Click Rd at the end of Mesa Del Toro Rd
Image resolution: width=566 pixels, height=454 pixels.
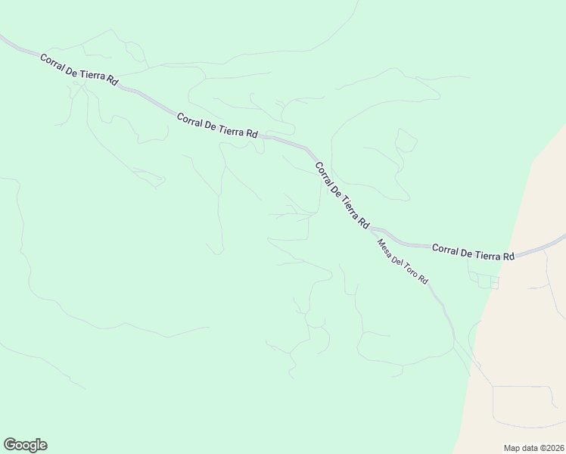coord(424,280)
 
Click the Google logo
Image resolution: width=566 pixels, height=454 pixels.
coord(25,445)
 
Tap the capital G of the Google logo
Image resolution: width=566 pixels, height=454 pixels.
coord(10,445)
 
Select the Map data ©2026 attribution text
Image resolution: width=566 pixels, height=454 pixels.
coord(534,448)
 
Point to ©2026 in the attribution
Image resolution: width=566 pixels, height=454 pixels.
coord(551,448)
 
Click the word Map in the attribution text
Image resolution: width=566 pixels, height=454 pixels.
coord(512,448)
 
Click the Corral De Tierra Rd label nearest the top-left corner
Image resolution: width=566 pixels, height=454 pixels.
coord(79,68)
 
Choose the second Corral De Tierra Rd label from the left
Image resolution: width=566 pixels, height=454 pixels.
coord(217,125)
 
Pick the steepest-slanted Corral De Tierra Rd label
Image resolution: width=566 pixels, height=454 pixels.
coord(341,195)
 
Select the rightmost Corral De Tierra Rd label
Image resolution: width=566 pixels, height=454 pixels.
coord(473,252)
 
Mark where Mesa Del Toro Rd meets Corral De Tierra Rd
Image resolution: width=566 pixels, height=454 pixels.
coord(372,229)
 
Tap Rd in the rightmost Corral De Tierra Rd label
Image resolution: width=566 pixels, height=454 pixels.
coord(508,256)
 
